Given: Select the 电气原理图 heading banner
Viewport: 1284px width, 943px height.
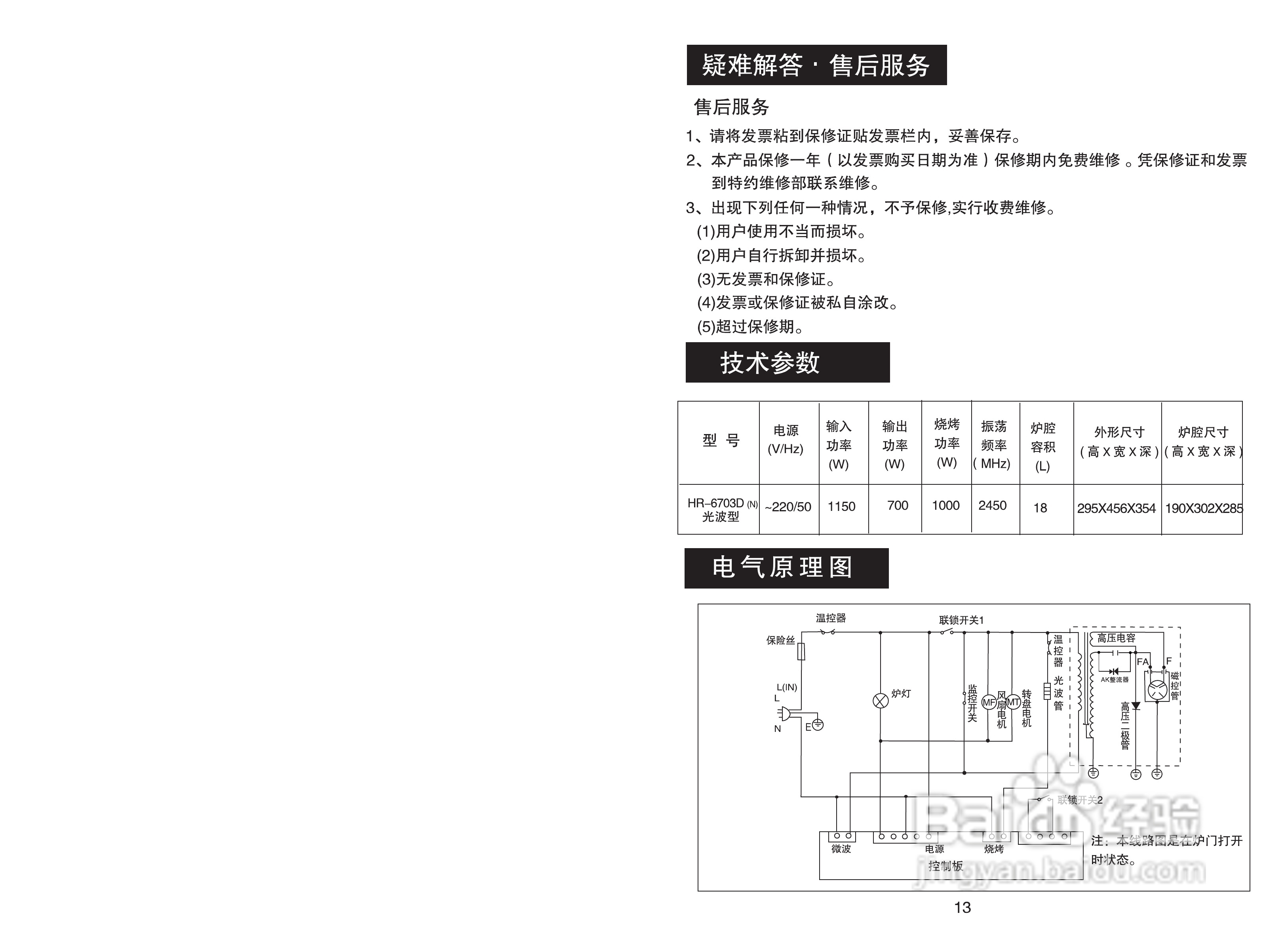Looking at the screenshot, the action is pyautogui.click(x=786, y=568).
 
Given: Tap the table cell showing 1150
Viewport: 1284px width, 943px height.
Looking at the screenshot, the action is pyautogui.click(x=842, y=506).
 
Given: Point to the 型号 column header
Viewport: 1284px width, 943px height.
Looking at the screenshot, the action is pyautogui.click(x=721, y=440).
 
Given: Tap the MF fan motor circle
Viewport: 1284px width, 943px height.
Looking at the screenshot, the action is pyautogui.click(x=989, y=703).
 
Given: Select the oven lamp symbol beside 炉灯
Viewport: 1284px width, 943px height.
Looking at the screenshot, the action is pyautogui.click(x=881, y=700).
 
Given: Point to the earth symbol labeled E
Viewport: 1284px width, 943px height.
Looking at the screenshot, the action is pyautogui.click(x=818, y=725).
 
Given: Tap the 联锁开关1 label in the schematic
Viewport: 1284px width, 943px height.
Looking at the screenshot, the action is pyautogui.click(x=962, y=620).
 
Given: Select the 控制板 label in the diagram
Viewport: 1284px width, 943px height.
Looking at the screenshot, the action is pyautogui.click(x=945, y=866).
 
